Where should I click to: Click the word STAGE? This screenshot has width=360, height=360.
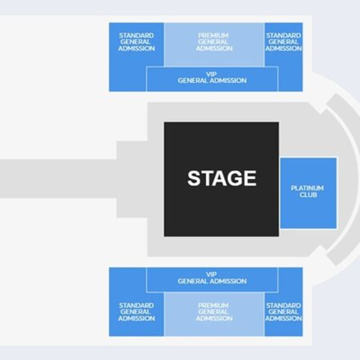point(221,178)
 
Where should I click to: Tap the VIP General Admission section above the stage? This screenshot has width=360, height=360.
point(212,78)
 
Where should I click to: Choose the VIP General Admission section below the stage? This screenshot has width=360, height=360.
point(212,278)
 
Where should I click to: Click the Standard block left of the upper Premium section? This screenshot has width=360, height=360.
point(136,42)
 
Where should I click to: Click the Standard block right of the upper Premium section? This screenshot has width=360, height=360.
point(283,42)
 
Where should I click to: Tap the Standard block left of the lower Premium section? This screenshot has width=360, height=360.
point(136,312)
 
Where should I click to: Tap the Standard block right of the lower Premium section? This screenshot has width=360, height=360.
point(283,312)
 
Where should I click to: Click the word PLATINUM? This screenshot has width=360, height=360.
point(307,188)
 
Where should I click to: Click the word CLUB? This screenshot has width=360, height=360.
point(308,194)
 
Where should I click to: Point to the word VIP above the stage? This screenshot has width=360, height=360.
point(211,74)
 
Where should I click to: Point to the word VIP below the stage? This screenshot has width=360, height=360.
point(211,274)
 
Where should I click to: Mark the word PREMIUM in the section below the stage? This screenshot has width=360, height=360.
point(213,305)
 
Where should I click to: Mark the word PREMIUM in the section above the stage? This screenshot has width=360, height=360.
point(213,36)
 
